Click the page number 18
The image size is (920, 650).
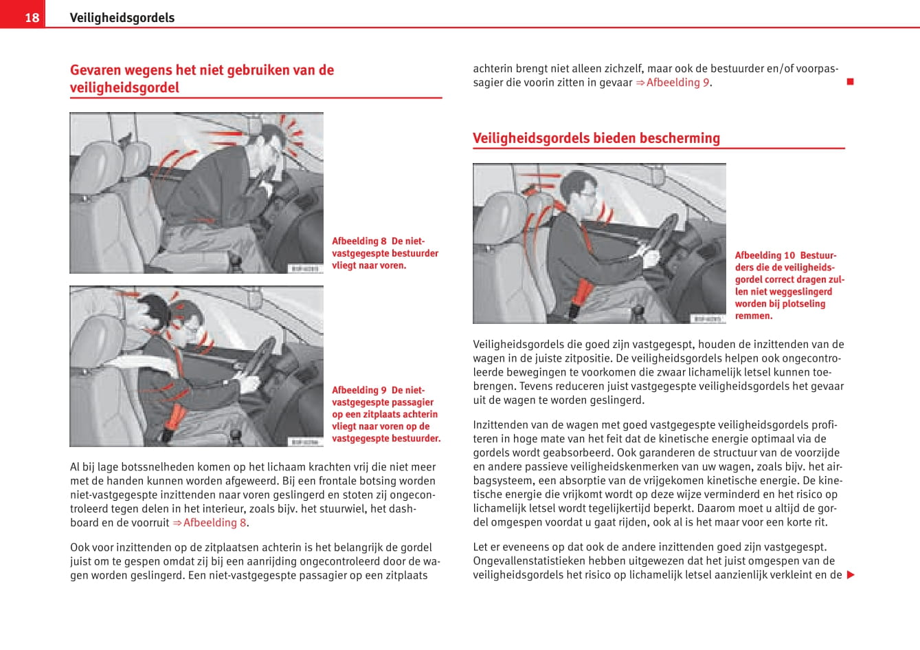click(32, 17)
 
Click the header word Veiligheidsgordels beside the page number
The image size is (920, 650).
click(122, 17)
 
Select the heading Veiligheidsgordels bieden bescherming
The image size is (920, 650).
click(596, 138)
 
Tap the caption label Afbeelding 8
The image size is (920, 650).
click(359, 241)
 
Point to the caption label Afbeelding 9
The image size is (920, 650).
click(359, 390)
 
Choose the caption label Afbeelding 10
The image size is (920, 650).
click(765, 255)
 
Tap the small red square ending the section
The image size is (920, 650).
click(850, 82)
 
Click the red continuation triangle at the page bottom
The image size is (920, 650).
click(851, 575)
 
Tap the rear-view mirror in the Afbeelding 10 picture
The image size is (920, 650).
click(658, 176)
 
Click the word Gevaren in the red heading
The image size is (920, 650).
click(95, 69)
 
